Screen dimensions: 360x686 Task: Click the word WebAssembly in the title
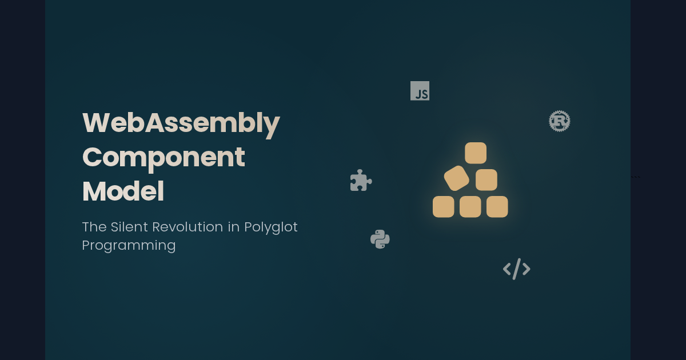tap(181, 123)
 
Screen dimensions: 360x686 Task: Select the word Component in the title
tap(163, 158)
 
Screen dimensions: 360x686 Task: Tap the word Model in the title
tap(123, 192)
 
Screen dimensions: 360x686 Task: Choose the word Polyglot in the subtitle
tap(271, 227)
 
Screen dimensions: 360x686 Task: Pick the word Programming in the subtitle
tap(129, 246)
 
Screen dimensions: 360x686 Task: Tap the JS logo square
tap(420, 91)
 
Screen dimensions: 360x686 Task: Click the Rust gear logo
tap(560, 121)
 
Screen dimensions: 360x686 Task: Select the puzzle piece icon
tap(360, 181)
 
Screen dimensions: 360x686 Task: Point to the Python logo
tap(380, 239)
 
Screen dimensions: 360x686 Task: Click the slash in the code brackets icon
tap(517, 269)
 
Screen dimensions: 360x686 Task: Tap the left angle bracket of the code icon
tap(507, 269)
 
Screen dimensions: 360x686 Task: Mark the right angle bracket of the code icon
tap(526, 269)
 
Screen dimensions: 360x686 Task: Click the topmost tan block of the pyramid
tap(476, 153)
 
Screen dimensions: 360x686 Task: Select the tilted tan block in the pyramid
tap(456, 178)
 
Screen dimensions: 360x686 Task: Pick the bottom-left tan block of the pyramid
tap(443, 207)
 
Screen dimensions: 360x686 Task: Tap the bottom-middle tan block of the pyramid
tap(470, 207)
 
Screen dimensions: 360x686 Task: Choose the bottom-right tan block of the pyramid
tap(497, 207)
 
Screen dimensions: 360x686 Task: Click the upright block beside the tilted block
tap(486, 179)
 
